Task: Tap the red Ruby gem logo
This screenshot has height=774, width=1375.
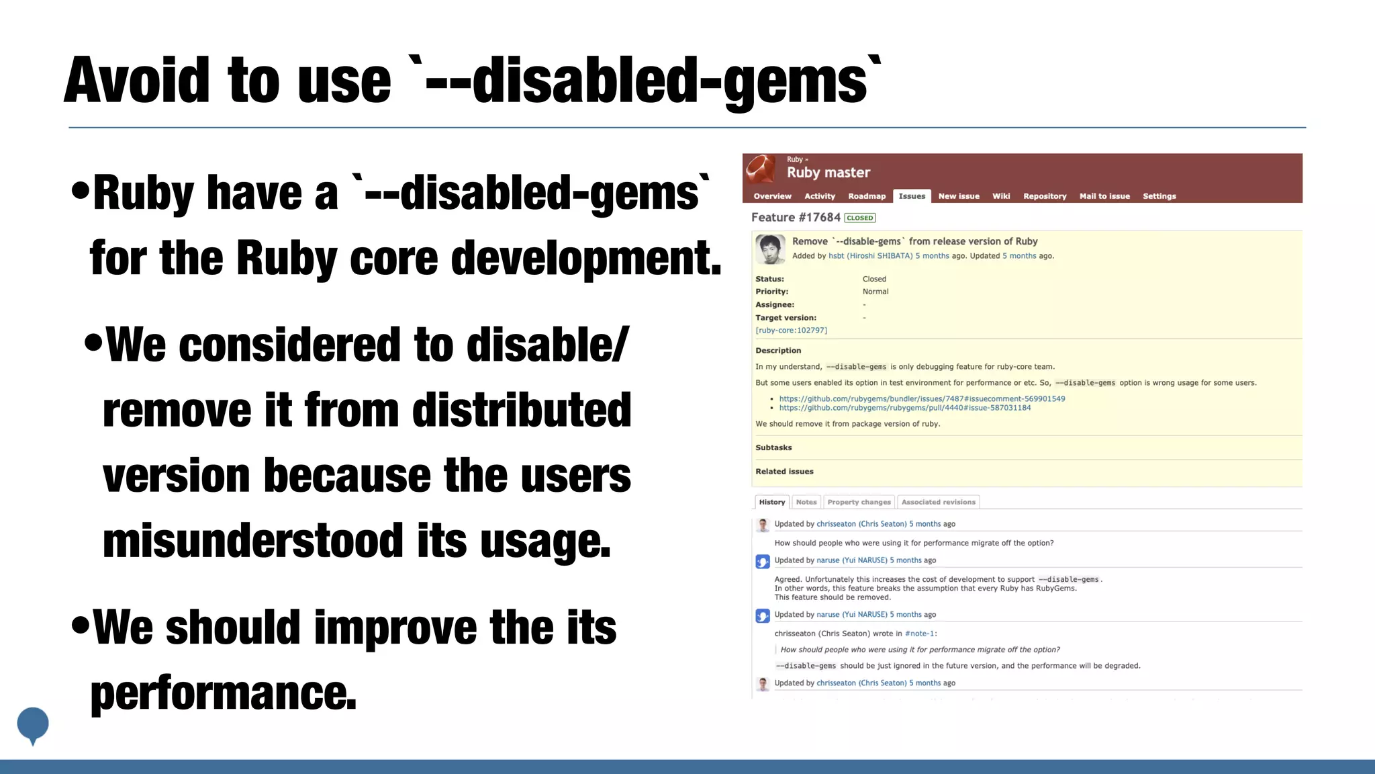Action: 761,169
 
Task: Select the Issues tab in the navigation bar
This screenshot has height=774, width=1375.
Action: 912,196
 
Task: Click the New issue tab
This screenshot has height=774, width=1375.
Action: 959,196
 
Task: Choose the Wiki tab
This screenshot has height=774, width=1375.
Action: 1001,196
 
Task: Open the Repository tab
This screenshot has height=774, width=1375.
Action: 1045,196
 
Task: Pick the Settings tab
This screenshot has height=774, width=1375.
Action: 1159,196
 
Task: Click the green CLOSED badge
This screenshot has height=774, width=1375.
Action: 860,218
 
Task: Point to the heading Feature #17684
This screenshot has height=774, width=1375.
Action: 796,218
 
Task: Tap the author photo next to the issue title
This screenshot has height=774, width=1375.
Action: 770,249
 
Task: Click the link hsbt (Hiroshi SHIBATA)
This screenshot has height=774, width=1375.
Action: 870,256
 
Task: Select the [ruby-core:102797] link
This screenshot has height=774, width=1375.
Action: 792,331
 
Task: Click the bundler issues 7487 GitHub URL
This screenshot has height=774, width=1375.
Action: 922,399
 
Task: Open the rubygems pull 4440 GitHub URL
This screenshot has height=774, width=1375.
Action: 905,408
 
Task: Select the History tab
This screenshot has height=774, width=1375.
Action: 772,502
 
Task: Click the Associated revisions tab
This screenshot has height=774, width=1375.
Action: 938,502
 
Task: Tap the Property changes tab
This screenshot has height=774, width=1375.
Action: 859,502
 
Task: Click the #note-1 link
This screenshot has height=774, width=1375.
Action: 920,634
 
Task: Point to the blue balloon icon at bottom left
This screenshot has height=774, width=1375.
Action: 33,724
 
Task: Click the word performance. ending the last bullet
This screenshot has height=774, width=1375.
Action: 224,693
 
